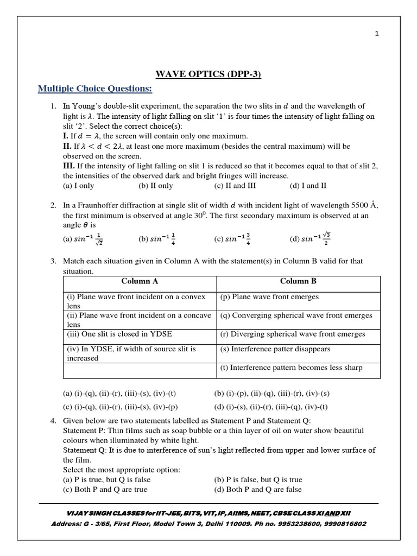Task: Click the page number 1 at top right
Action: (377, 34)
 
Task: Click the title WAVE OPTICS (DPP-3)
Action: (208, 74)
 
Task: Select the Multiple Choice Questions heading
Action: (94, 89)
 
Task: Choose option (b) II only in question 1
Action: (156, 185)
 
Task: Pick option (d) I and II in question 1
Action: (308, 185)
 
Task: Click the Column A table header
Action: (140, 281)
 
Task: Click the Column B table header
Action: (298, 281)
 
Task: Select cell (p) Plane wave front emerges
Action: (270, 297)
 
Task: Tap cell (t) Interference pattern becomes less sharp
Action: (291, 368)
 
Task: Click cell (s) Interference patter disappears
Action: (275, 349)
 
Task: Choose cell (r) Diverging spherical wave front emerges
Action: (293, 334)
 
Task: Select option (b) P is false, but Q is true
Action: (258, 479)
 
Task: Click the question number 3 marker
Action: (54, 261)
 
